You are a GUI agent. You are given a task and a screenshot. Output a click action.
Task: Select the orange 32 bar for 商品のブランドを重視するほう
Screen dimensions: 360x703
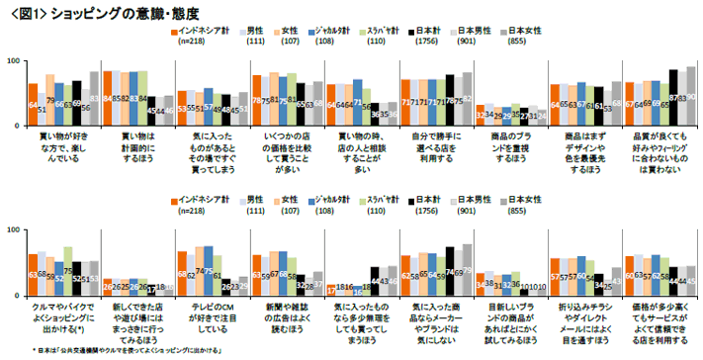480,113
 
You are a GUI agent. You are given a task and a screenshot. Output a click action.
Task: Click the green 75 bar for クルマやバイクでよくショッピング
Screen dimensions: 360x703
68,270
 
